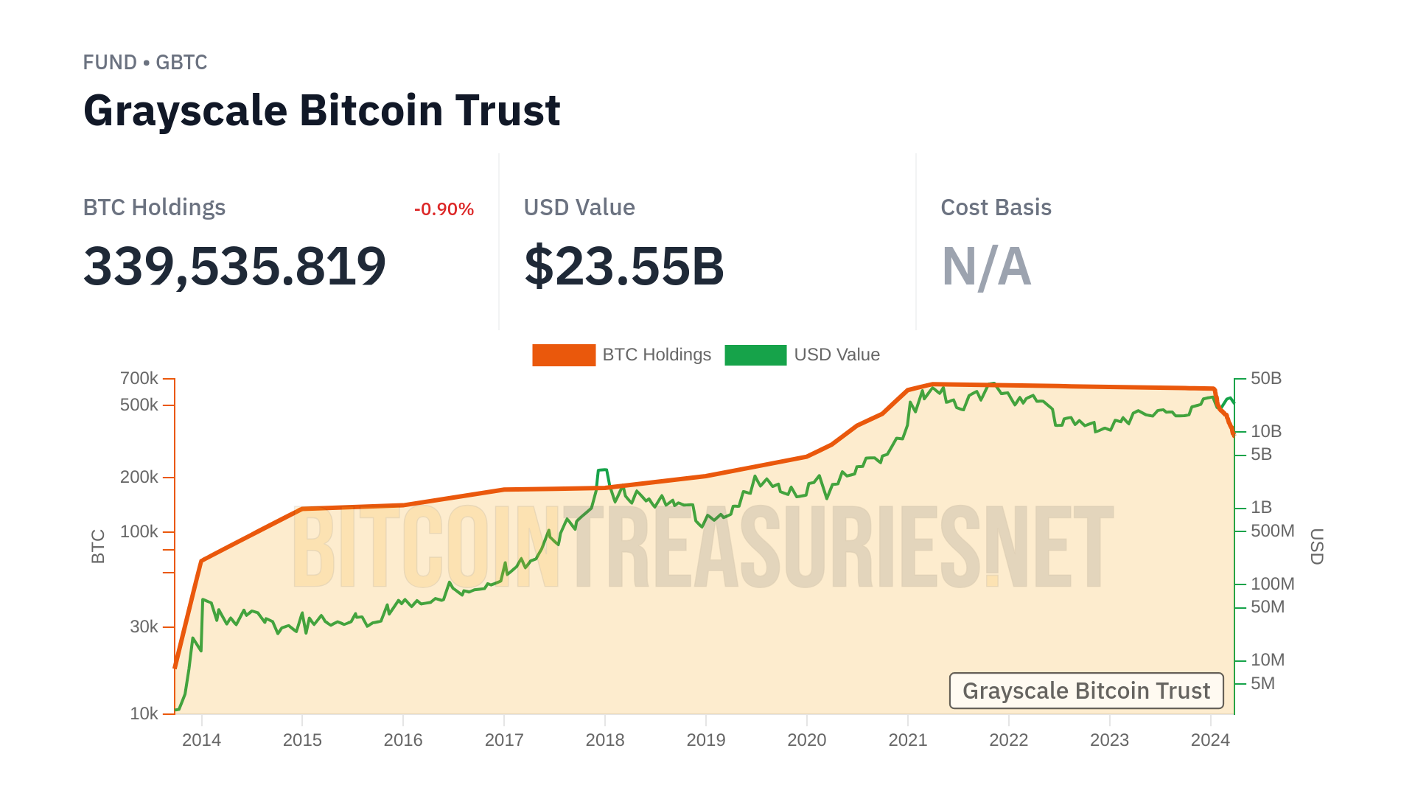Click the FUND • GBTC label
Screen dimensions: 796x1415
145,63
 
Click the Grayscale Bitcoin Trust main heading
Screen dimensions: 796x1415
321,111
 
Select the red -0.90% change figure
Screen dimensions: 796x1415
444,209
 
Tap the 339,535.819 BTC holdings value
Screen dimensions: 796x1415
234,266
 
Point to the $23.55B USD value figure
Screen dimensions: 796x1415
623,266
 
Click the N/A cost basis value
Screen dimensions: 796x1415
986,266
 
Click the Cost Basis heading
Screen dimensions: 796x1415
996,208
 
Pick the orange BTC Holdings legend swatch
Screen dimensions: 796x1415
564,355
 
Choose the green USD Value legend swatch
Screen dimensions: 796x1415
755,355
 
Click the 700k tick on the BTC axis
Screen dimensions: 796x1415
139,379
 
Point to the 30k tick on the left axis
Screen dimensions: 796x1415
144,627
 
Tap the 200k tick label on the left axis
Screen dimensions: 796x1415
139,478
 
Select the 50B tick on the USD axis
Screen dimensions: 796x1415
1266,379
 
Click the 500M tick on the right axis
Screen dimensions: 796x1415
1272,531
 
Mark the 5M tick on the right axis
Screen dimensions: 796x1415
1262,683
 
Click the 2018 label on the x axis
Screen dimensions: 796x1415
605,740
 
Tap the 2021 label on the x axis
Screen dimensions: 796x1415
908,740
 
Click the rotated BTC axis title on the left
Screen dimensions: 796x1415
98,546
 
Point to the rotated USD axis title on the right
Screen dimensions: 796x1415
1316,546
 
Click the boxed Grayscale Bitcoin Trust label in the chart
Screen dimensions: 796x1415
1086,691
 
